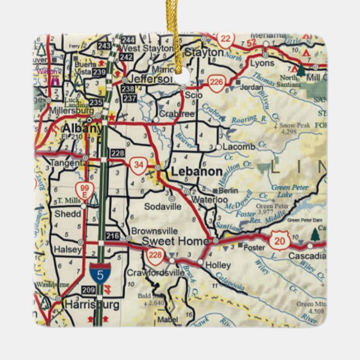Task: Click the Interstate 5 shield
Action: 99,273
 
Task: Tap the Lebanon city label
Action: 196,172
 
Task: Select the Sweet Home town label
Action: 168,241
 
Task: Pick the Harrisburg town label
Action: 92,305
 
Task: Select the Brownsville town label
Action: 154,231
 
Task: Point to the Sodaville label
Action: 162,206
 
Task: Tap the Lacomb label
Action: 239,146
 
